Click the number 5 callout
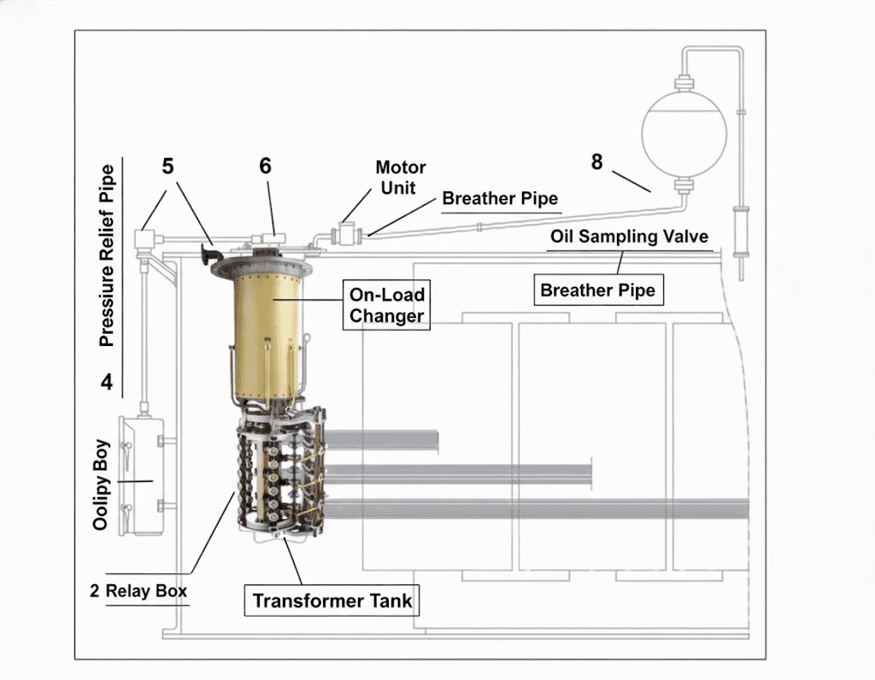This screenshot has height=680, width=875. (168, 167)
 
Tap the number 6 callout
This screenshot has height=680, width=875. (265, 166)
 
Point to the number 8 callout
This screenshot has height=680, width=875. (597, 161)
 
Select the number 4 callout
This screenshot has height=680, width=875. (107, 382)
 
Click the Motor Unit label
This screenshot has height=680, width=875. (400, 178)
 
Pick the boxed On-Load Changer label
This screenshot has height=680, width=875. (386, 305)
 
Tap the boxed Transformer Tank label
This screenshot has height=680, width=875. (332, 601)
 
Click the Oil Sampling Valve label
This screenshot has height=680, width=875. (629, 236)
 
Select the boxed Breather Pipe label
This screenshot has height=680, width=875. (598, 290)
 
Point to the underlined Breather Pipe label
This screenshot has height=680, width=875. (500, 198)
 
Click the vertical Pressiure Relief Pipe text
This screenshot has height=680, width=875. (107, 255)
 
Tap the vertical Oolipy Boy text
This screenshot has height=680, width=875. (101, 484)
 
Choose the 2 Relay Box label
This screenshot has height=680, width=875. (138, 591)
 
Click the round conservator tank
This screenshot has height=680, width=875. (684, 134)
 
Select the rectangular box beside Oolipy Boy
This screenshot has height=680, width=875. (142, 476)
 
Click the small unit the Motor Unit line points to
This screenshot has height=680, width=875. (347, 233)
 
